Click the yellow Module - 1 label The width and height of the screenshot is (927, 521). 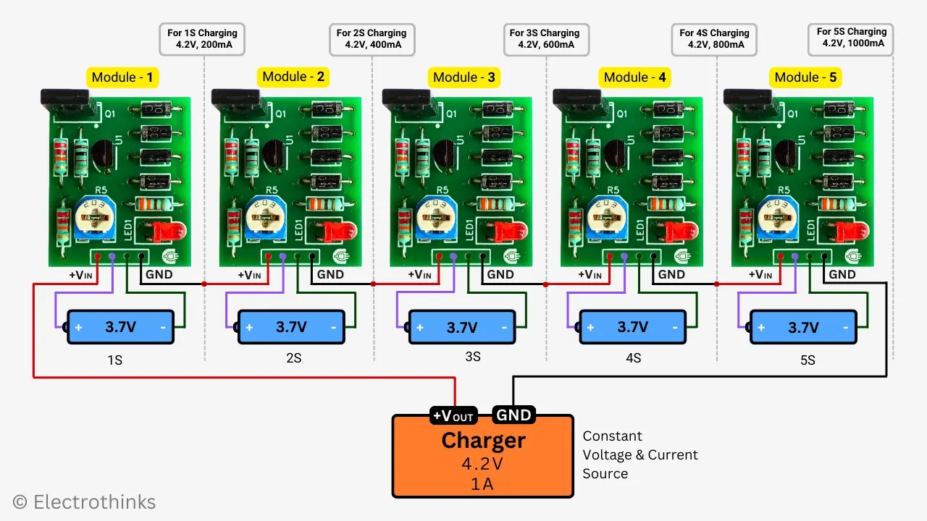pos(122,77)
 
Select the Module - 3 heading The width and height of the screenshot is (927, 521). pos(463,77)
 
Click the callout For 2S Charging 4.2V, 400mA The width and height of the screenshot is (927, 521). pos(372,39)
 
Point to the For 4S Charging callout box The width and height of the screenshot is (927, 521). pos(714,39)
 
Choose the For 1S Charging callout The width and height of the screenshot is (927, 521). pos(202,39)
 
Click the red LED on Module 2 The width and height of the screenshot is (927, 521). pos(339,232)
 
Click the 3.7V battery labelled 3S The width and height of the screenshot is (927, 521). pos(461,327)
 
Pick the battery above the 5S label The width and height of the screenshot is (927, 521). pos(803,327)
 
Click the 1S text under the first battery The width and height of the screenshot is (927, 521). pos(114,359)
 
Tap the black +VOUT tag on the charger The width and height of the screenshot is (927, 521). pos(453,415)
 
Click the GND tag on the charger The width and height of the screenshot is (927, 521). pos(513,415)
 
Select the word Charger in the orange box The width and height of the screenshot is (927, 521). pos(483,440)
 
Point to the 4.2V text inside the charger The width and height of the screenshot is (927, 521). pos(483,463)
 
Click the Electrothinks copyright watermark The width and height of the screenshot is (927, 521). pos(84,501)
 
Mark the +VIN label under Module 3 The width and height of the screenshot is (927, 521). pos(420,274)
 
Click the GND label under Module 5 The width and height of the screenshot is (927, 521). pos(842,274)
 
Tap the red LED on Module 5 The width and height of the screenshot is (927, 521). pos(852,232)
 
